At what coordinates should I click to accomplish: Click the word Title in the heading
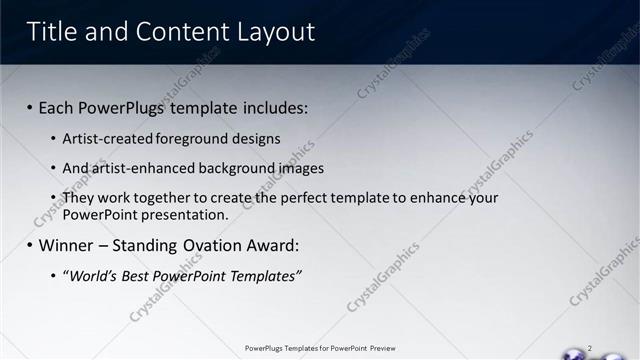point(52,32)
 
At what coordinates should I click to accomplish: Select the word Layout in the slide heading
point(275,32)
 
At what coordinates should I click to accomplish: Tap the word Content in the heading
point(177,32)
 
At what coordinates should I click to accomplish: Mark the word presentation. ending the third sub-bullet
point(188,215)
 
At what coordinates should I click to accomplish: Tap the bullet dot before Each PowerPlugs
point(30,107)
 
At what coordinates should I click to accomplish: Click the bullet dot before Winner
point(30,245)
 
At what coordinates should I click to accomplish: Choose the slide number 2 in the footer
point(590,348)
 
